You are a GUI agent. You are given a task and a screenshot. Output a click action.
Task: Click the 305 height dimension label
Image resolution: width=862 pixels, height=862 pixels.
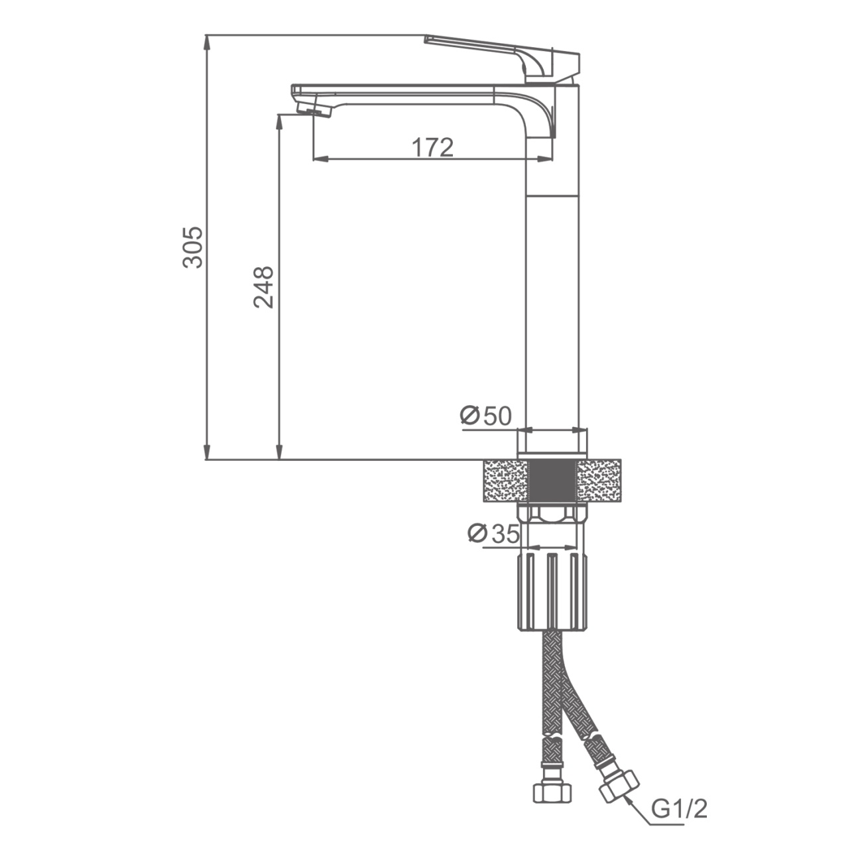coord(193,247)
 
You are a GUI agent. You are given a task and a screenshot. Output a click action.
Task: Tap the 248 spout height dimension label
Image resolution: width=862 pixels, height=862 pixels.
coord(263,287)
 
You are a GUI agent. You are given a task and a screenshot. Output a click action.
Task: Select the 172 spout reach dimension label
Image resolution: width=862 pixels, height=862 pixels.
coord(432,147)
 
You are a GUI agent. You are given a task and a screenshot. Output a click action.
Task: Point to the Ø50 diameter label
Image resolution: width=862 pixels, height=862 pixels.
coord(485,416)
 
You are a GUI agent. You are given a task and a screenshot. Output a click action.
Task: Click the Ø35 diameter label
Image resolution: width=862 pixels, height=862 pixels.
coord(493,533)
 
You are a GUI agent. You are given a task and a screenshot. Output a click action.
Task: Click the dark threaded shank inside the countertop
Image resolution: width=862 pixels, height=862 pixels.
coord(552,481)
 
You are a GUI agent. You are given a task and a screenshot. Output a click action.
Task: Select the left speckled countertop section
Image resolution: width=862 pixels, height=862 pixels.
coord(506,481)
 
